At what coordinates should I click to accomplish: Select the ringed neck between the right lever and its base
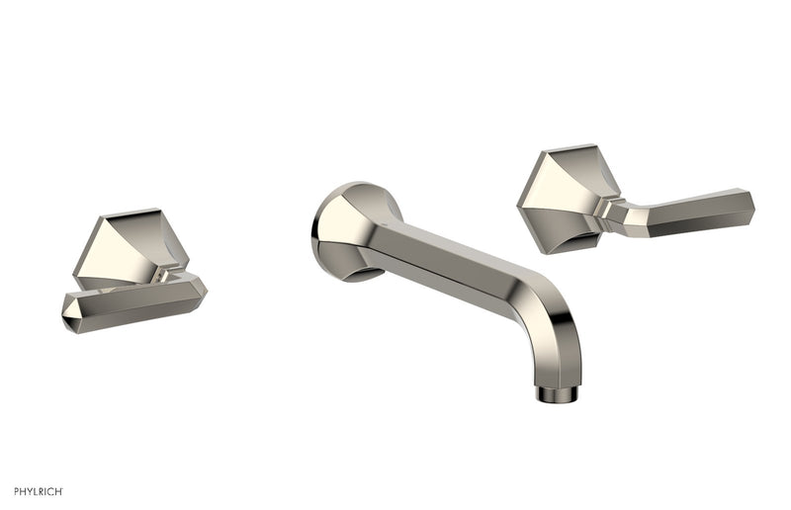[605, 209]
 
